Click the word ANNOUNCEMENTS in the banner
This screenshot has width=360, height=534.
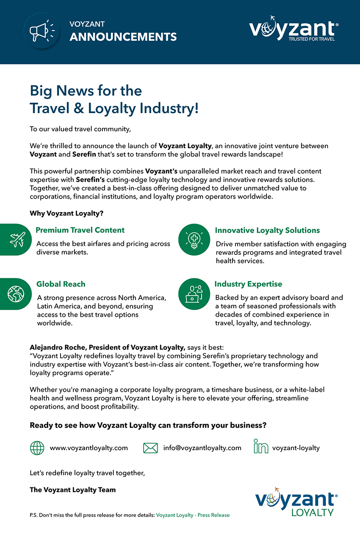pos(123,37)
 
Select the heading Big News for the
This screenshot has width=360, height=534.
pos(86,91)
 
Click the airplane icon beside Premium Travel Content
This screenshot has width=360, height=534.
pos(17,240)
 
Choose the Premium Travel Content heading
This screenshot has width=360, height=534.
pos(80,230)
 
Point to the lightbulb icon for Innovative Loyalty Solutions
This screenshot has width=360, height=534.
pos(194,240)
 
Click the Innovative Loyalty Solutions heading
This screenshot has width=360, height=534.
pos(267,230)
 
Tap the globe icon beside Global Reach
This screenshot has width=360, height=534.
pos(16,293)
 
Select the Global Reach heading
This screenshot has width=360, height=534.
pos(61,284)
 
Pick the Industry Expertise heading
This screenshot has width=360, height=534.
pos(248,284)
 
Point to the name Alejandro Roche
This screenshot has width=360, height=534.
pos(58,348)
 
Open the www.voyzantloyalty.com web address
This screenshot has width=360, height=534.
pos(89,448)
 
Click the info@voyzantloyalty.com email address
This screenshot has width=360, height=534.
pos(202,448)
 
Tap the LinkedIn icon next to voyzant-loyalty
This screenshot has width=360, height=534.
pos(261,447)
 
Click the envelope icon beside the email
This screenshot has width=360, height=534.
pos(150,448)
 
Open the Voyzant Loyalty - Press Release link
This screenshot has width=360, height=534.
pos(193,515)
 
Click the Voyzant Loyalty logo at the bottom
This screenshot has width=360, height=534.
pos(296,502)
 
